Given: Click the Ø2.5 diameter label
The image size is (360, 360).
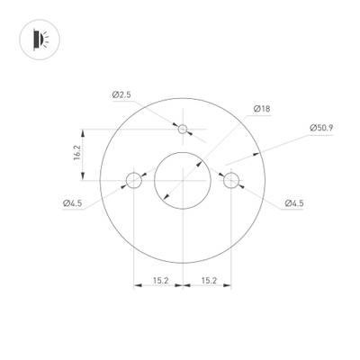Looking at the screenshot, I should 123,94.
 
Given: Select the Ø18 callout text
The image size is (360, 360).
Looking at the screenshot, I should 263,108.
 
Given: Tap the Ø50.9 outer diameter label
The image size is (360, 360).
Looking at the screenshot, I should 321,128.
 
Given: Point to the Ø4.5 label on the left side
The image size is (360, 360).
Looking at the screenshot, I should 73,203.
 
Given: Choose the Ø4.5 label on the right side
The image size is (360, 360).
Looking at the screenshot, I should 293,203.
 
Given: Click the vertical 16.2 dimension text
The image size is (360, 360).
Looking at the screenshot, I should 76,154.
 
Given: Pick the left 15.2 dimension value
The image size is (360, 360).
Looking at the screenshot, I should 159,280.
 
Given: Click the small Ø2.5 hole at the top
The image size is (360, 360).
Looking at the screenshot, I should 184,130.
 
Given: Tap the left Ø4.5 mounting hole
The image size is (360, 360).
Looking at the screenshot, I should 135,180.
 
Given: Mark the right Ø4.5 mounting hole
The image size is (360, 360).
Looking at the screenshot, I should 231,180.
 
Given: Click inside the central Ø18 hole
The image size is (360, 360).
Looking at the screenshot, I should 183,180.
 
